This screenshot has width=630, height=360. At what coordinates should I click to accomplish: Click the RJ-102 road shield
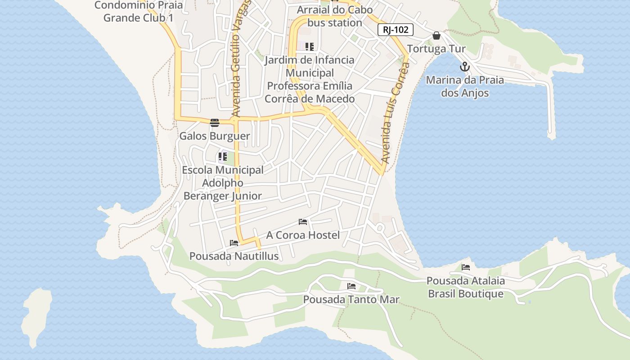coord(396,30)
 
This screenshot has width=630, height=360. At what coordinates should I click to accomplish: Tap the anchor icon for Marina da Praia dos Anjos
coord(464,67)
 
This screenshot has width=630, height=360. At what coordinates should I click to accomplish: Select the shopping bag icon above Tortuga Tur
coord(436,36)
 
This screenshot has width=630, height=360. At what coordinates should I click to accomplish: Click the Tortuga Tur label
coord(436,49)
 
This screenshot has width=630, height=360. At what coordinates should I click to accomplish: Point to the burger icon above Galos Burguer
coord(215,122)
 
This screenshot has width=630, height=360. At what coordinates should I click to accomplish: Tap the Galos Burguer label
coord(215,136)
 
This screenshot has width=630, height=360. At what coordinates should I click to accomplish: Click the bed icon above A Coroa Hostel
coord(303,222)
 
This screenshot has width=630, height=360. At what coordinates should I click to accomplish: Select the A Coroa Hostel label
coord(303,235)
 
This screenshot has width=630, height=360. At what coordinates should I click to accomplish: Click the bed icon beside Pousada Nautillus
coord(234,243)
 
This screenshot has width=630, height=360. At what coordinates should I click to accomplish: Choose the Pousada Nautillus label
coord(234,256)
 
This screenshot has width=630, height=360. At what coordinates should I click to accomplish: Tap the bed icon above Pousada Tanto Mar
coord(351,286)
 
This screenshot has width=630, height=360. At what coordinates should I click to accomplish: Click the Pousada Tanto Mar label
coord(351,299)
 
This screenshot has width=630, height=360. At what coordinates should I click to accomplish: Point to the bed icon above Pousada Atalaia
coord(466,267)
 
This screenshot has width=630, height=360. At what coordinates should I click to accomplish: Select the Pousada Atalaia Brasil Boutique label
coord(466,287)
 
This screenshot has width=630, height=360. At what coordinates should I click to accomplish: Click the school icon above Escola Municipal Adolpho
coord(223,157)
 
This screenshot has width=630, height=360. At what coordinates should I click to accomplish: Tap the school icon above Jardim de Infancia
coord(309,46)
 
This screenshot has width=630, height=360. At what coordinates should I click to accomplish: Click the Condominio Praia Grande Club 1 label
coord(139,12)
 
